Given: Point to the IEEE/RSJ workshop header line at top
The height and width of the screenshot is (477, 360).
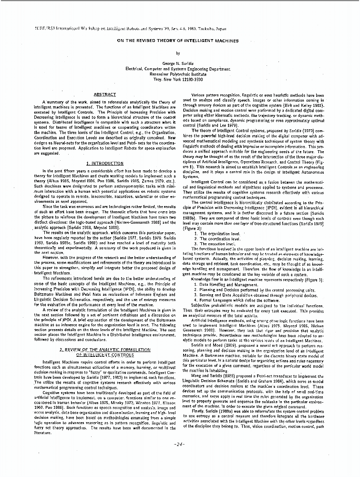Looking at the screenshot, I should (x=105, y=29).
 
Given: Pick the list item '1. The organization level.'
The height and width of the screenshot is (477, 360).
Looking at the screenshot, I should (x=217, y=233).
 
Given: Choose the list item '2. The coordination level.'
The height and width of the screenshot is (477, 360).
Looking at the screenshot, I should (x=217, y=238).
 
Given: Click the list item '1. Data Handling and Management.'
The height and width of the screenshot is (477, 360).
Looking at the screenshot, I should (x=226, y=285).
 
